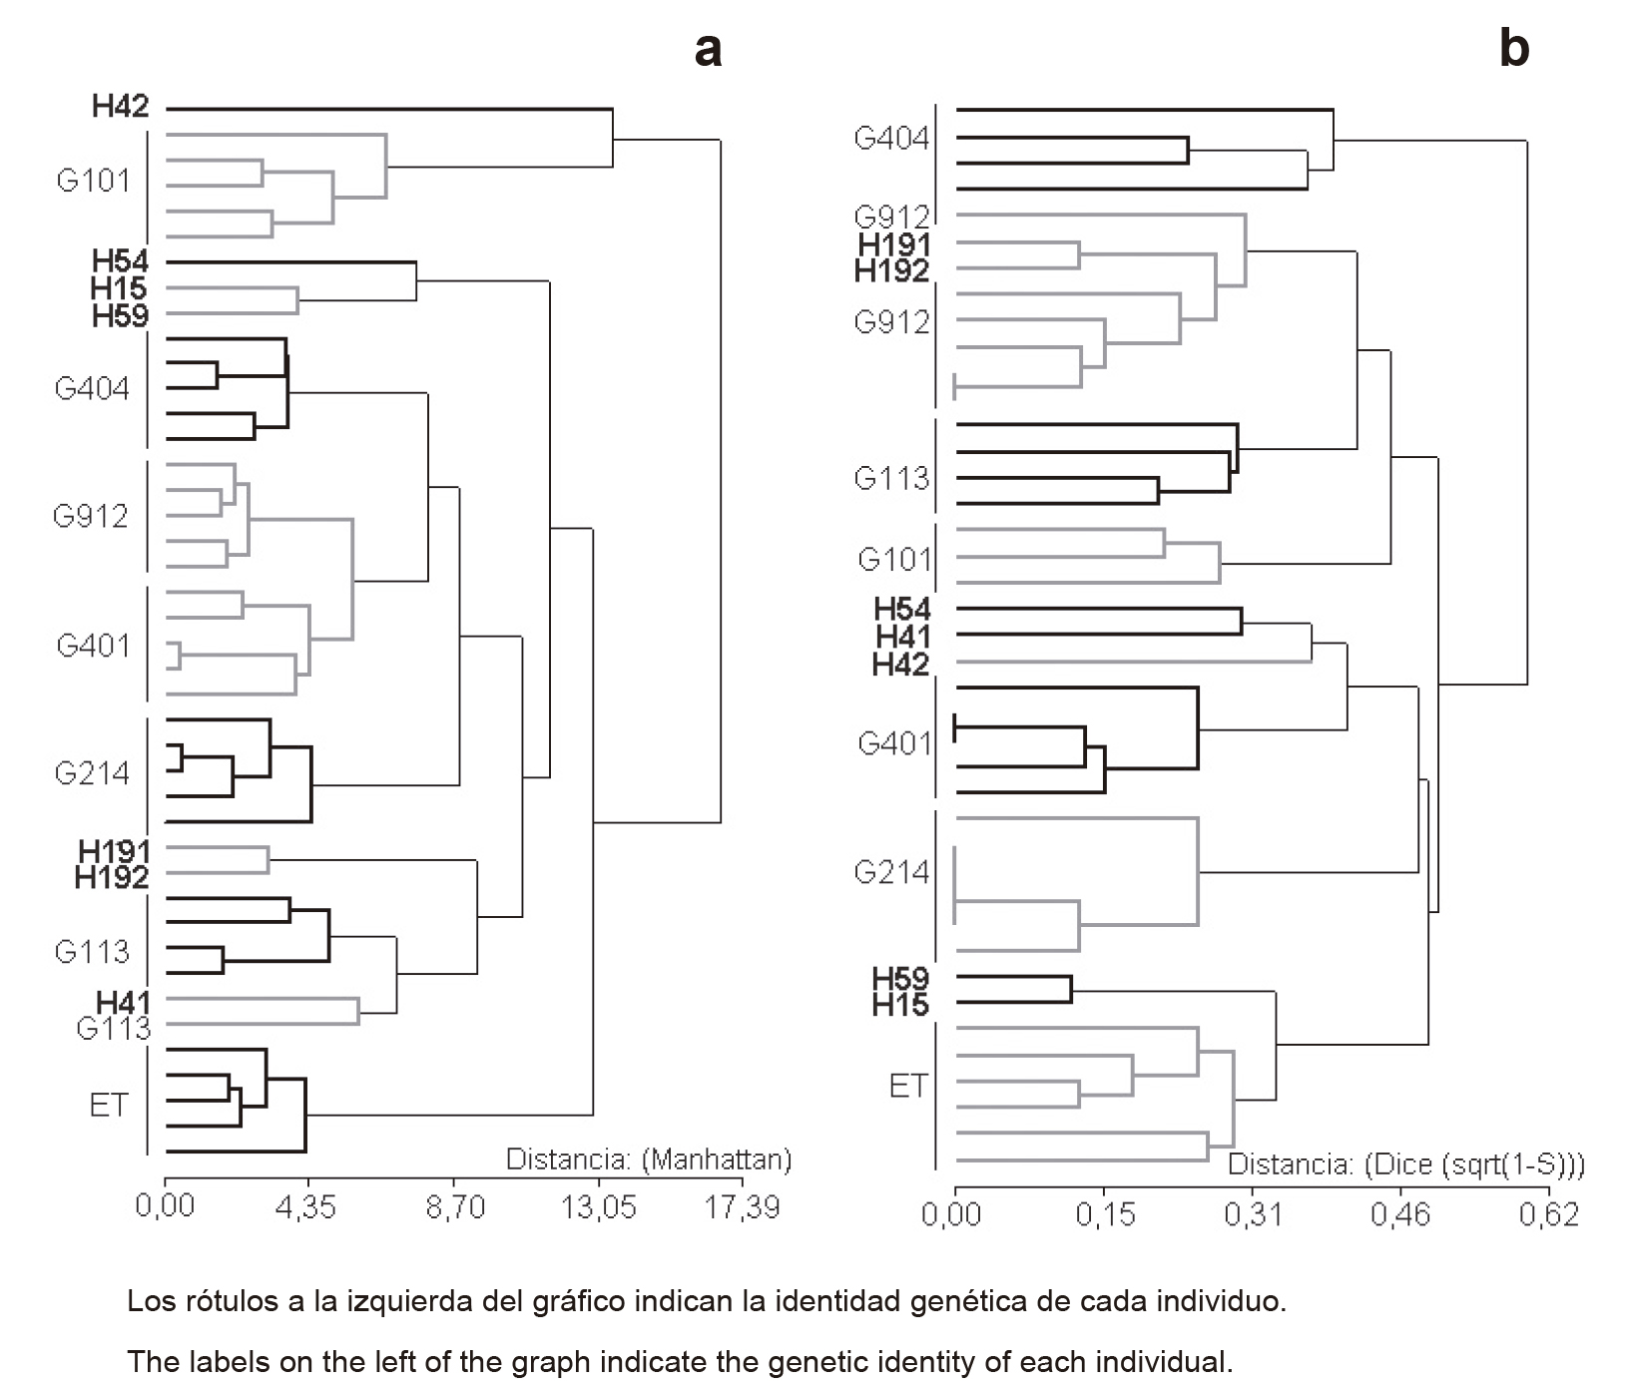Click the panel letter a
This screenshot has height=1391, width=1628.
click(708, 48)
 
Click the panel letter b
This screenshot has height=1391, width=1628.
click(1513, 48)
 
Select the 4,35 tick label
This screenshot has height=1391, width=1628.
click(306, 1207)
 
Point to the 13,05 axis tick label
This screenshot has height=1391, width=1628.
click(598, 1207)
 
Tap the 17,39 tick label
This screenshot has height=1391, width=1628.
click(742, 1207)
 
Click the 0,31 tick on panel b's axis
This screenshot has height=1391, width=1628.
click(1252, 1214)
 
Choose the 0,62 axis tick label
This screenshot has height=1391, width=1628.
click(1548, 1214)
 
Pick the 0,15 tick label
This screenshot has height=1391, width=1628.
click(1105, 1214)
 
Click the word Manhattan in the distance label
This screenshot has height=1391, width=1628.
click(717, 1159)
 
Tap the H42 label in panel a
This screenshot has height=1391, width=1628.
click(120, 106)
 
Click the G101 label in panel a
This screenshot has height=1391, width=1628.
click(94, 181)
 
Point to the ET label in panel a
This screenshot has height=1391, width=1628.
click(109, 1106)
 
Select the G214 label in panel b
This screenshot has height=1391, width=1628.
click(891, 873)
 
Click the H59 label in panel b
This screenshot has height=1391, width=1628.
click(900, 979)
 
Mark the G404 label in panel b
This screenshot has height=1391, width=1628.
click(891, 139)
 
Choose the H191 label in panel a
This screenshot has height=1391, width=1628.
click(114, 851)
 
